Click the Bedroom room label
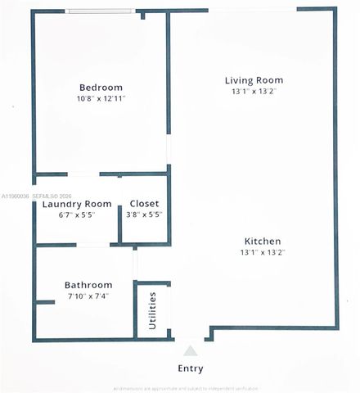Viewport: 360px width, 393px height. tap(101, 88)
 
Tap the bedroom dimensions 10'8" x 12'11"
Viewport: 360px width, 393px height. tap(101, 99)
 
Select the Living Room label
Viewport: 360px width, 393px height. tap(254, 80)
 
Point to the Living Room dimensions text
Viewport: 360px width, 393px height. tap(254, 92)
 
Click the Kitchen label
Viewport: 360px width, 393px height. tap(263, 242)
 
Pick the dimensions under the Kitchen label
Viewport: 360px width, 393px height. tap(263, 253)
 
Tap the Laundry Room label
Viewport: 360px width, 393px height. tap(77, 204)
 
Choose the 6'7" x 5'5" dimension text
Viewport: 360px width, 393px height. tap(77, 215)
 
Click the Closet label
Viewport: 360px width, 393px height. tap(145, 204)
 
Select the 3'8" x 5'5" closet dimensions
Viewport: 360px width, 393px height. tap(145, 215)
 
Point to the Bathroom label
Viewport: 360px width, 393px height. tap(88, 285)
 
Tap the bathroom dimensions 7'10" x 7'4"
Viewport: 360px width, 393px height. tap(88, 296)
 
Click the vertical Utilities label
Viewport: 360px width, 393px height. tap(153, 310)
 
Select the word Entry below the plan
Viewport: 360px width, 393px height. tap(191, 368)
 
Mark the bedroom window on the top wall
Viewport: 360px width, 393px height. tap(101, 11)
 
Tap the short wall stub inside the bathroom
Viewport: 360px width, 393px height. tap(45, 303)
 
